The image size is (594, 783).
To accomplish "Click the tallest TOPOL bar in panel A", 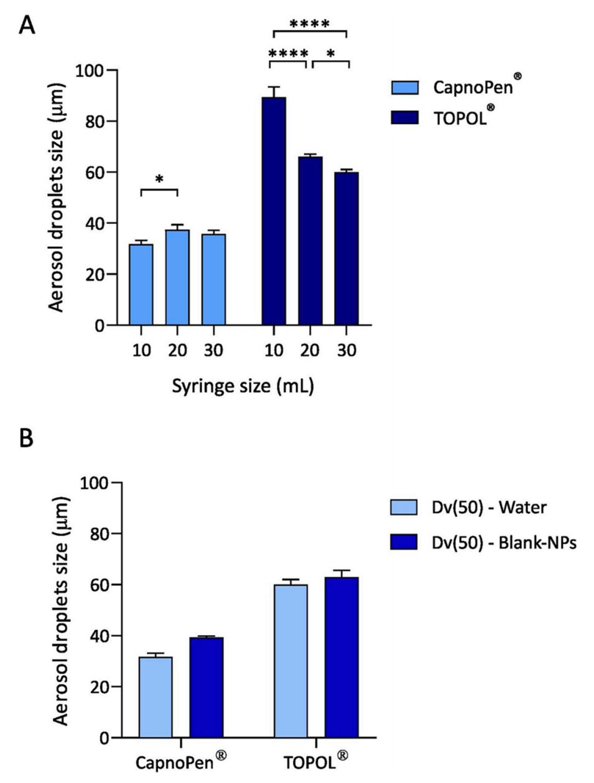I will (274, 211).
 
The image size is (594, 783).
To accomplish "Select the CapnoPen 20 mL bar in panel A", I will (177, 277).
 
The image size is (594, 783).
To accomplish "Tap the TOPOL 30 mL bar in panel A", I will (346, 249).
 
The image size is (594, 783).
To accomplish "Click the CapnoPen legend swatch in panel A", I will (404, 87).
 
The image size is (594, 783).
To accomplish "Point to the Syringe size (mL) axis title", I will (243, 386).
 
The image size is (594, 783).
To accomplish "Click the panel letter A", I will (27, 25).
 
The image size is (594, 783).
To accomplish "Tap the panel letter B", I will (26, 438).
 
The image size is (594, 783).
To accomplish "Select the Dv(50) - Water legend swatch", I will (404, 507).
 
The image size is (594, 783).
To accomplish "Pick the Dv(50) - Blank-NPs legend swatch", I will (404, 542).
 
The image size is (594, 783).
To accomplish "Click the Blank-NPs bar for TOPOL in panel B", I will (341, 657).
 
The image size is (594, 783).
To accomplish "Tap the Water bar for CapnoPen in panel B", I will (155, 697).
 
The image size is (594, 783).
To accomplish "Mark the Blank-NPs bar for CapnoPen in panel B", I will (207, 687).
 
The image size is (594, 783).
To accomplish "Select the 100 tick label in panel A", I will (88, 70).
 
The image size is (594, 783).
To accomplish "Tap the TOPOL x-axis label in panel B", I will (315, 762).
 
